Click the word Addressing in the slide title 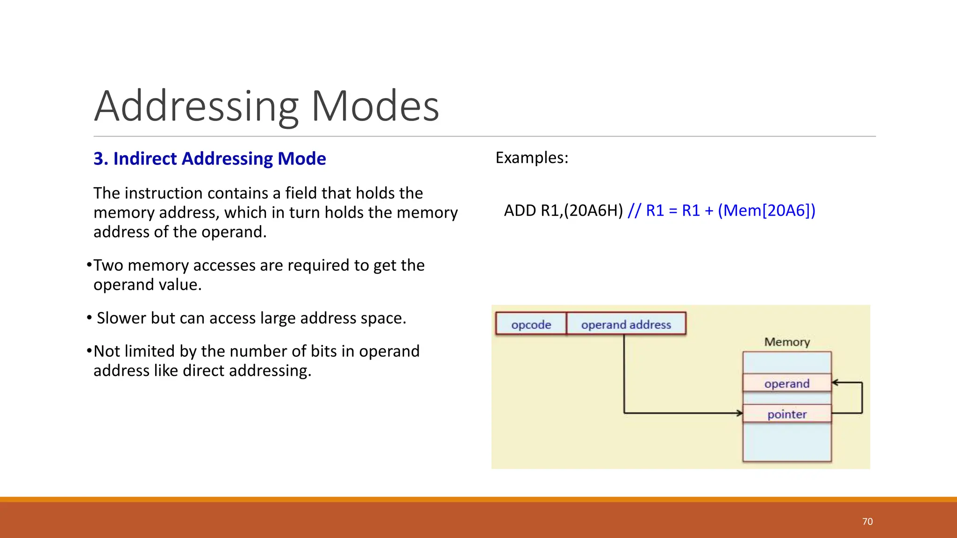(x=196, y=106)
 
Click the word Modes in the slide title (x=375, y=106)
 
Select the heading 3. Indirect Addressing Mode (x=209, y=159)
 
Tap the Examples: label (x=532, y=158)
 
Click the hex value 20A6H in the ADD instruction (x=593, y=211)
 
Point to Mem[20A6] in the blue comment (x=766, y=211)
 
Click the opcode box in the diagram (x=531, y=324)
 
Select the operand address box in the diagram (x=626, y=324)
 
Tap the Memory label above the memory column (x=787, y=342)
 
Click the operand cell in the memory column (x=787, y=383)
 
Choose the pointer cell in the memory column (x=787, y=414)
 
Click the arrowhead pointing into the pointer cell (x=740, y=413)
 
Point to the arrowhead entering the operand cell (x=836, y=382)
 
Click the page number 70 (x=867, y=521)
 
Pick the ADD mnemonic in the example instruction (x=520, y=211)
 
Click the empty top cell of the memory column (x=787, y=363)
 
